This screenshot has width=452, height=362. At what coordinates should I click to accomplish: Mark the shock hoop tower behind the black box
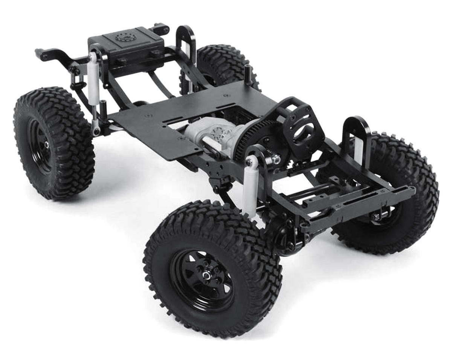click(x=187, y=41)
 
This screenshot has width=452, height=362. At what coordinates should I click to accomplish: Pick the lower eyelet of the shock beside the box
click(x=96, y=131)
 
